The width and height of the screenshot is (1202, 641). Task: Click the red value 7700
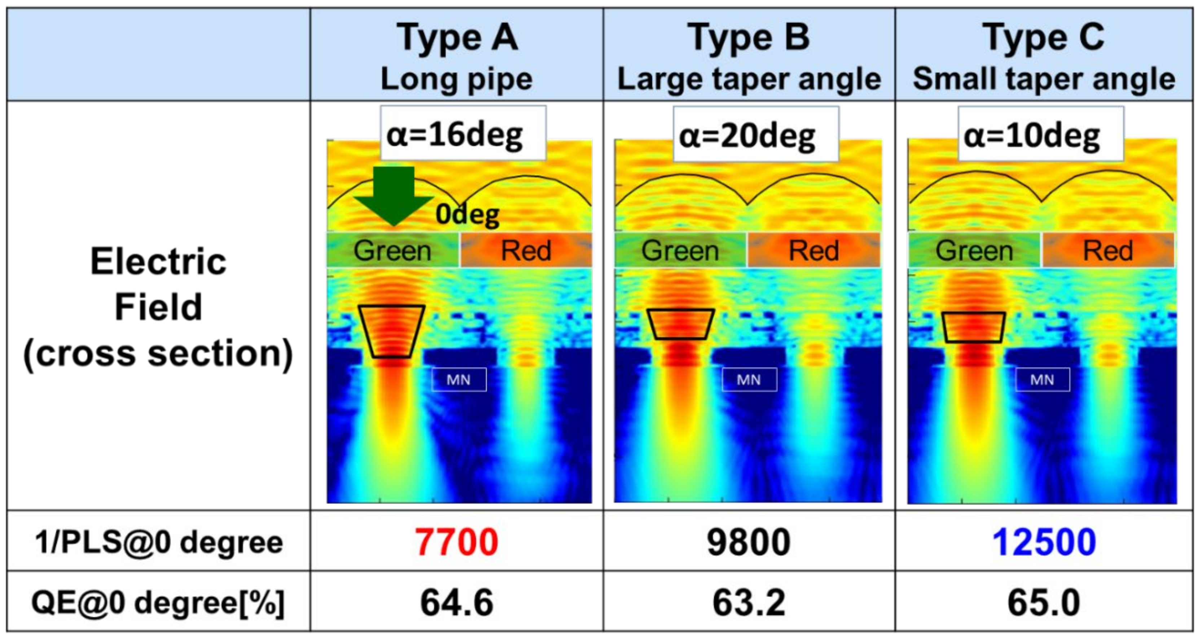tap(457, 542)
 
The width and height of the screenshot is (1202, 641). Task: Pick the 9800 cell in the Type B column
tap(749, 542)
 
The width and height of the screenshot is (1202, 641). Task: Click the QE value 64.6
tap(457, 603)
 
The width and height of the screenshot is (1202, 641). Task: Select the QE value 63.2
tap(749, 603)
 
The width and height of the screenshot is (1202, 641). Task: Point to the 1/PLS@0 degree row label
tap(159, 542)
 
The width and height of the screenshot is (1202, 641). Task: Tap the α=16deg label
tap(455, 135)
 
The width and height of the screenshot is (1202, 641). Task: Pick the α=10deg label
tap(1032, 136)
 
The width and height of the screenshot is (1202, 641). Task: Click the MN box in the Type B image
tap(749, 380)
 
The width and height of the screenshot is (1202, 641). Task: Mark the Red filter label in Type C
tap(1108, 251)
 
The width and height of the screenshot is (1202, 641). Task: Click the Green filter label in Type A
tap(392, 251)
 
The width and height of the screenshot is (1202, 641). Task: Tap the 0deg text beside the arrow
tap(468, 215)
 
